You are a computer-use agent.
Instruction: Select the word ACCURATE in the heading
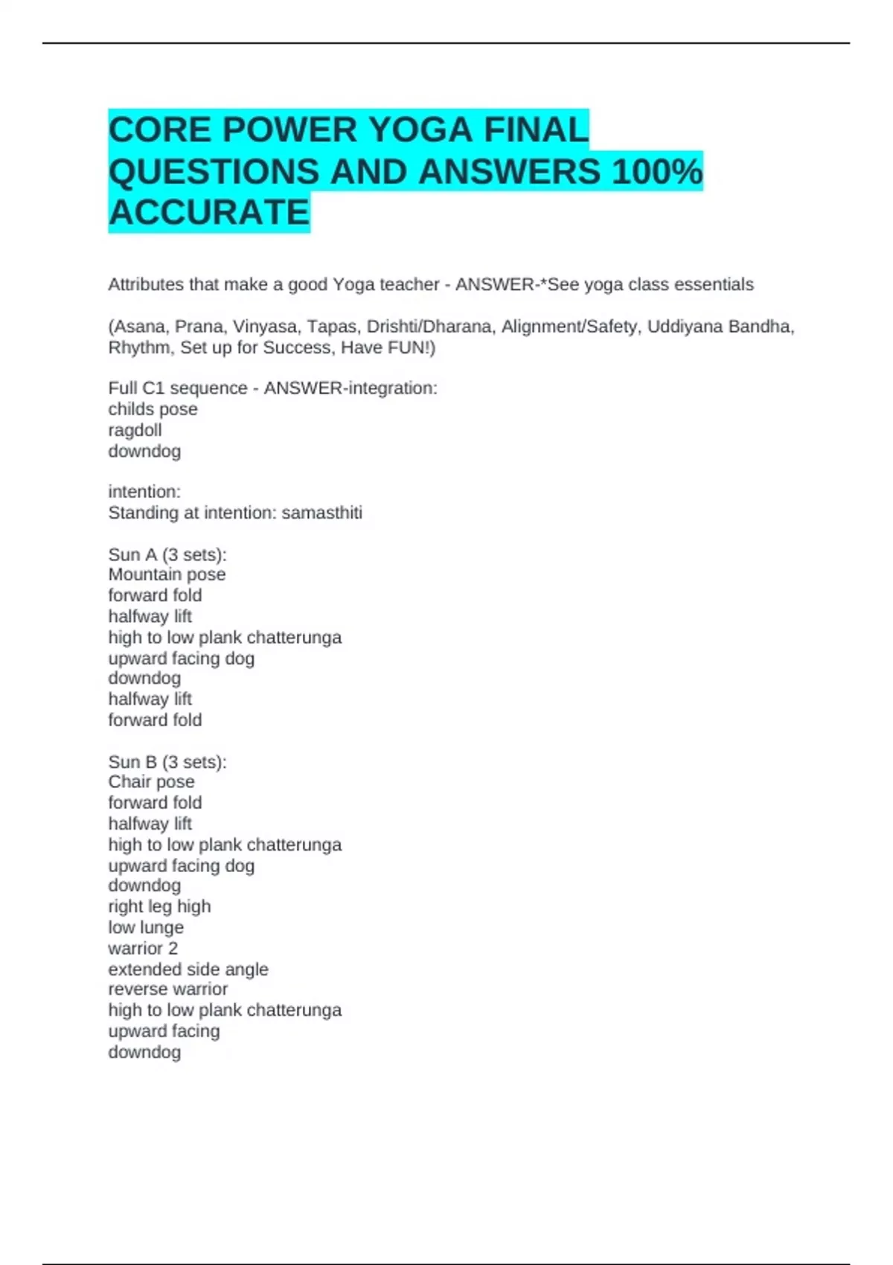(x=209, y=213)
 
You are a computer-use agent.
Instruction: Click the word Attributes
(x=146, y=284)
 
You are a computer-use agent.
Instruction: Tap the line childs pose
(x=153, y=409)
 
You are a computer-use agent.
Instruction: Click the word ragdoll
(x=135, y=430)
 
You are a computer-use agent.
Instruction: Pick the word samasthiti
(x=321, y=513)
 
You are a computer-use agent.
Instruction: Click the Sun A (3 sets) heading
(x=167, y=554)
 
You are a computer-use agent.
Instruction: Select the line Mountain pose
(x=167, y=574)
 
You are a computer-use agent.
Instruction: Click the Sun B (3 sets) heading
(x=167, y=762)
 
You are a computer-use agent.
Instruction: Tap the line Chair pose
(x=151, y=782)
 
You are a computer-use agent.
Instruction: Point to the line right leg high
(x=159, y=906)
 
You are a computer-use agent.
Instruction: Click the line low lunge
(x=146, y=927)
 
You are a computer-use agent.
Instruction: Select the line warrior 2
(x=143, y=948)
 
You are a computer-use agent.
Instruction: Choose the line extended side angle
(x=188, y=969)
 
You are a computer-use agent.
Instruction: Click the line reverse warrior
(x=168, y=989)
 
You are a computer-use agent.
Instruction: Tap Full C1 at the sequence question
(x=135, y=388)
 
